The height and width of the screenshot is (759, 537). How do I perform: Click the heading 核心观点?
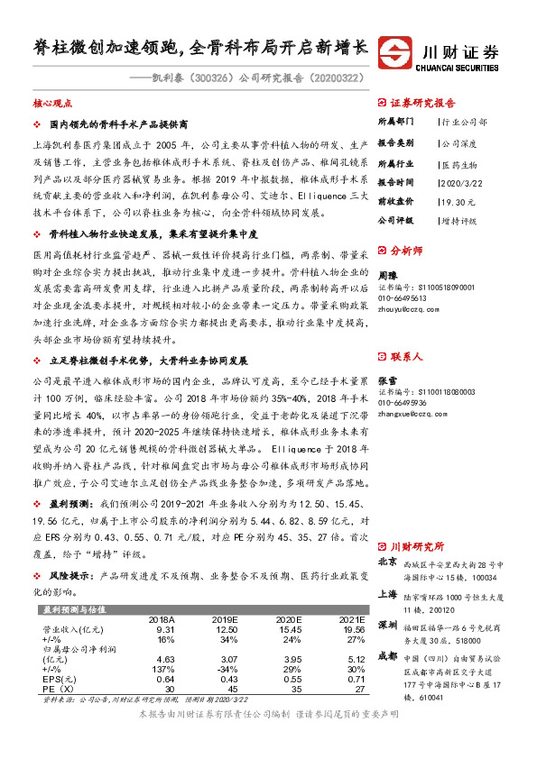click(51, 104)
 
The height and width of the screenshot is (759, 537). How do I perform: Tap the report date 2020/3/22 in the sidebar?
click(460, 182)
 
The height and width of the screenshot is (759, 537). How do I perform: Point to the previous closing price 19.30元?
click(457, 200)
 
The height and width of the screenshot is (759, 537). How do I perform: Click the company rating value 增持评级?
click(458, 219)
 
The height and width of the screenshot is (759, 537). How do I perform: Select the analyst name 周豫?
click(386, 274)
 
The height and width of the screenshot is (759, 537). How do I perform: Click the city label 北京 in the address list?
click(386, 562)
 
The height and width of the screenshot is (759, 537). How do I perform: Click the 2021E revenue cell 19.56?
click(351, 629)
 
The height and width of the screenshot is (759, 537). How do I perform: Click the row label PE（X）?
click(59, 688)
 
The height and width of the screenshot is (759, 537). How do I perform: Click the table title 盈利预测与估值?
click(73, 609)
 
